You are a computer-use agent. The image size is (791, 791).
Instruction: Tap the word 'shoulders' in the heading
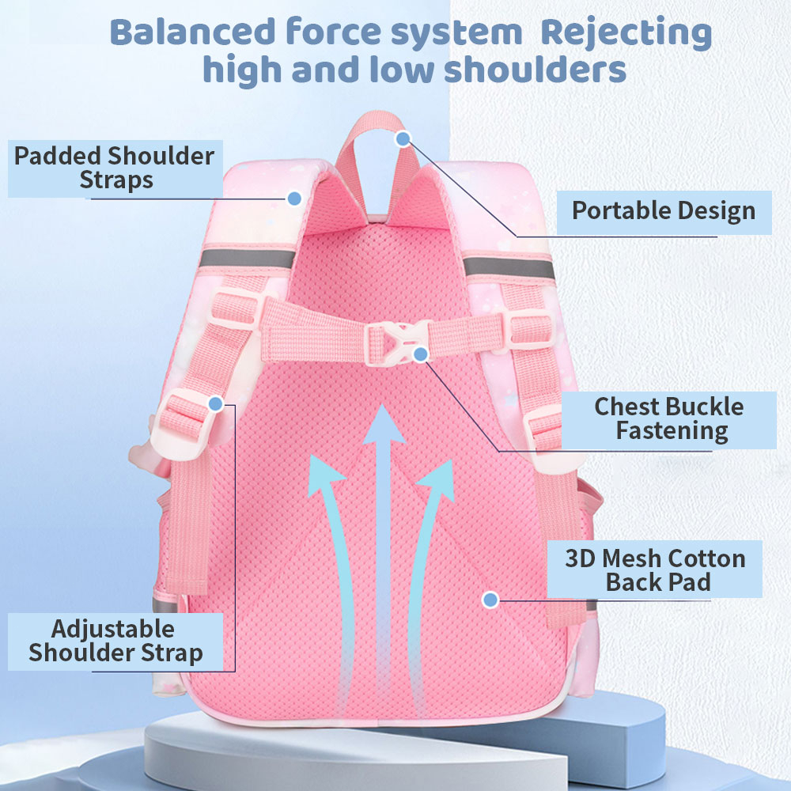[x=535, y=69]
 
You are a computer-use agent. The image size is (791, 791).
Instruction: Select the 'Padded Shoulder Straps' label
[x=115, y=168]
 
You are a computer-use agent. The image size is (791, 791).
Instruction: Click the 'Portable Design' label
[x=663, y=211]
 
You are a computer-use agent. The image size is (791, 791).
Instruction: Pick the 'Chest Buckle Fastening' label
[x=669, y=418]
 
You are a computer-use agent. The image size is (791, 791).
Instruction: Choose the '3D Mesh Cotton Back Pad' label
[x=655, y=570]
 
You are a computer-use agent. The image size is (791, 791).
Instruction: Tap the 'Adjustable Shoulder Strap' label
[x=115, y=642]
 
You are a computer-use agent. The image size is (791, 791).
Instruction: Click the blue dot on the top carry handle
[x=403, y=139]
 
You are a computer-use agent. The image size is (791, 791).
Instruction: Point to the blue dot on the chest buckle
[x=421, y=354]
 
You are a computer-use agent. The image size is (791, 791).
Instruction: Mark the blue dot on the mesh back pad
[x=490, y=600]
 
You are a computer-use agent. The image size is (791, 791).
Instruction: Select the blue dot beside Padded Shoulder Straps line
[x=294, y=198]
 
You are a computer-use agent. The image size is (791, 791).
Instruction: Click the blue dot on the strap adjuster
[x=215, y=404]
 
